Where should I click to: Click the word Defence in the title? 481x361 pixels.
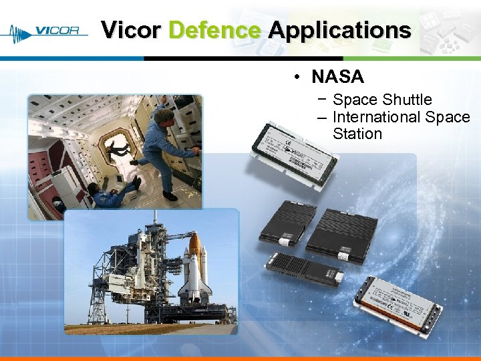214,30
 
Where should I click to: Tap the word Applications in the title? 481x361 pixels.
339,30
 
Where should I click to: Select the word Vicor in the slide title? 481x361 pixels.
130,30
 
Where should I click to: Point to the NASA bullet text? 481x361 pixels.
337,77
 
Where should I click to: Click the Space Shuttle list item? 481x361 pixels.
382,100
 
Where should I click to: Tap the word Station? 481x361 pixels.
357,134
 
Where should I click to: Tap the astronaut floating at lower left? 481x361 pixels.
114,194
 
